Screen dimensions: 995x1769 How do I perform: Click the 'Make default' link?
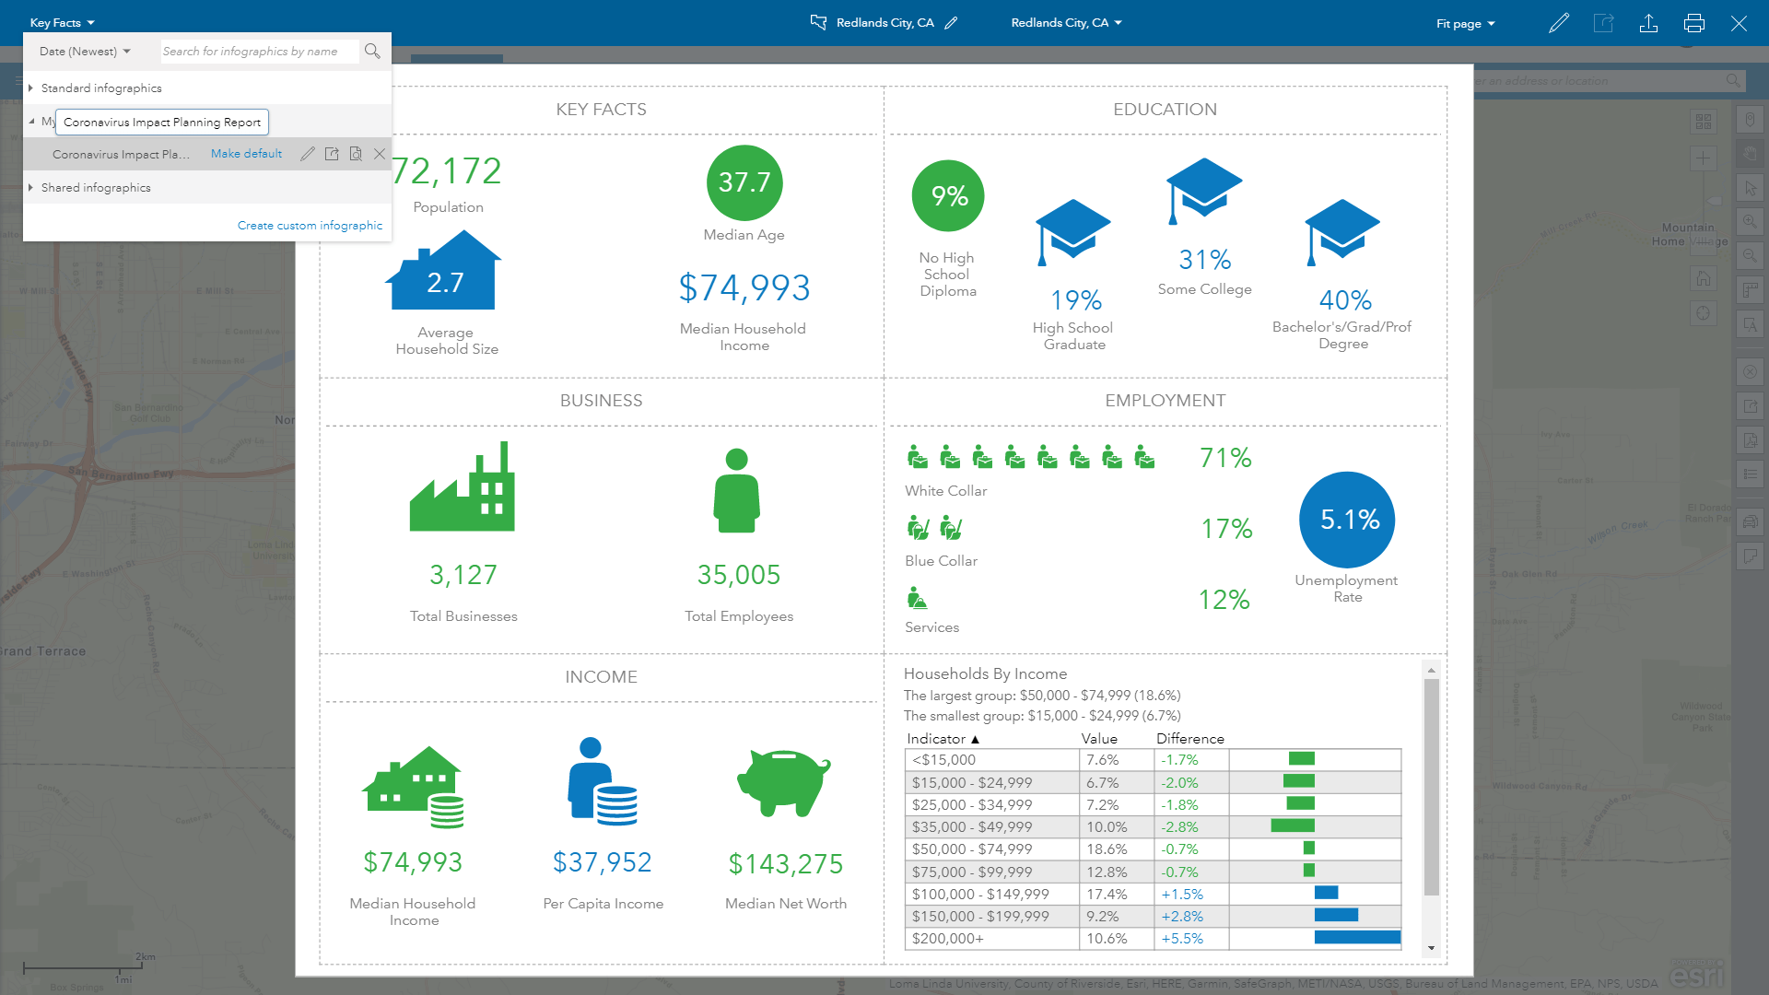pyautogui.click(x=246, y=154)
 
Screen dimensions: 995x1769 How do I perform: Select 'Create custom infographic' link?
pyautogui.click(x=310, y=225)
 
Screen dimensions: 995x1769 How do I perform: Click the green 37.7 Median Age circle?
pyautogui.click(x=744, y=182)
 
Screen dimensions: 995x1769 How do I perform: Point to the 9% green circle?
pyautogui.click(x=948, y=195)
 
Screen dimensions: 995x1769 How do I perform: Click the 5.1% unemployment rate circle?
pyautogui.click(x=1347, y=520)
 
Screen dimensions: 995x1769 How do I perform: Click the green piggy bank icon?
pyautogui.click(x=784, y=782)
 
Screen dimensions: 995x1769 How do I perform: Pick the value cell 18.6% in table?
pyautogui.click(x=1106, y=849)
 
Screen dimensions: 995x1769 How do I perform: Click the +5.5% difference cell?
pyautogui.click(x=1182, y=939)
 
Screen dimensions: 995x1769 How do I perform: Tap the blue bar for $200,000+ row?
pyautogui.click(x=1356, y=938)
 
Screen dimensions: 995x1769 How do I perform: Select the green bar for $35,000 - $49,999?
pyautogui.click(x=1292, y=826)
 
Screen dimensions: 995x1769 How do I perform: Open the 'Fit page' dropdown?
pyautogui.click(x=1465, y=23)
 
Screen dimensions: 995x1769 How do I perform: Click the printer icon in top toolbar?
pyautogui.click(x=1693, y=23)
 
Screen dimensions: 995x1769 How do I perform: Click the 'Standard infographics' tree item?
pyautogui.click(x=101, y=88)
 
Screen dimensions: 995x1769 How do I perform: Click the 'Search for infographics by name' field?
pyautogui.click(x=258, y=52)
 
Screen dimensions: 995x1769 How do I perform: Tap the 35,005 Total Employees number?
pyautogui.click(x=738, y=575)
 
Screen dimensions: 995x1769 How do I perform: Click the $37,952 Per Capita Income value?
pyautogui.click(x=602, y=862)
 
